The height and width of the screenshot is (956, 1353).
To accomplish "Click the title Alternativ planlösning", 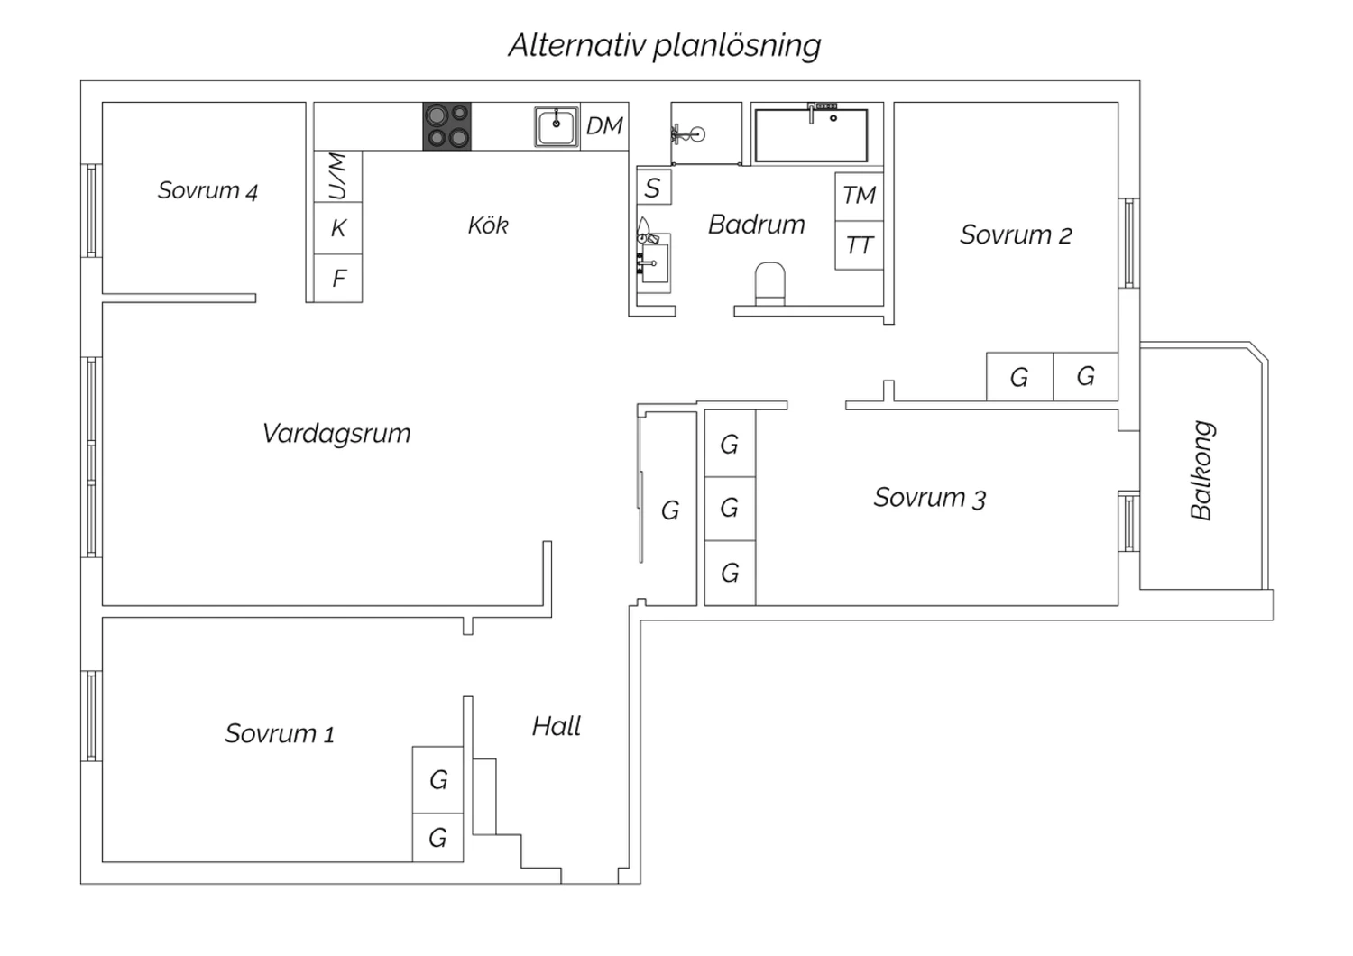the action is click(665, 46).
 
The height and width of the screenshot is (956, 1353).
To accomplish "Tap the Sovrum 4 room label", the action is click(207, 191).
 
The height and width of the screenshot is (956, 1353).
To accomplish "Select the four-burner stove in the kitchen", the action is click(447, 126).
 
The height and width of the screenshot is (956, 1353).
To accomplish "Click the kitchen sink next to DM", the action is click(557, 127).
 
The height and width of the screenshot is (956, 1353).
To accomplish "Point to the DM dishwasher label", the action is click(604, 125).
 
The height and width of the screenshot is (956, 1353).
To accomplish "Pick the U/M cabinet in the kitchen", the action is click(338, 176).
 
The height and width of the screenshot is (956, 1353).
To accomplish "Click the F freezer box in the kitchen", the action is click(338, 278).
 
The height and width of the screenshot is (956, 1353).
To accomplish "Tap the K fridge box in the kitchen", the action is click(338, 227).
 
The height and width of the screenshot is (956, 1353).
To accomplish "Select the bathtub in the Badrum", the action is click(811, 134).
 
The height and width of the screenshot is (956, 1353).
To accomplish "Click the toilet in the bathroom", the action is click(770, 284).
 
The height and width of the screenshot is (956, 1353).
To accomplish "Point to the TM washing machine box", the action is click(859, 197).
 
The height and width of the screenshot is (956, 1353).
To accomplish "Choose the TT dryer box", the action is click(859, 244).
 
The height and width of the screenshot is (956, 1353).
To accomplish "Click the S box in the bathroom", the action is click(654, 187).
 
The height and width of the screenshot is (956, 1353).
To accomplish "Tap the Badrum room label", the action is click(757, 225).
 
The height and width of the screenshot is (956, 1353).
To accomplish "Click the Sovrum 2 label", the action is click(1016, 234).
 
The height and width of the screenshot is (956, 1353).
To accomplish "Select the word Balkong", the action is click(1202, 470).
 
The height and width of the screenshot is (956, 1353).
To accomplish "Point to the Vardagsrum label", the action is click(336, 434).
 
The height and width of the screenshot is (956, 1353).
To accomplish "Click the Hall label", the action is click(557, 726).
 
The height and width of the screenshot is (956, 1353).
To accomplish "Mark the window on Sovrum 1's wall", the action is click(91, 716).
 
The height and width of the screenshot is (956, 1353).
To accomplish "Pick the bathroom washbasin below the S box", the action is click(654, 263).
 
